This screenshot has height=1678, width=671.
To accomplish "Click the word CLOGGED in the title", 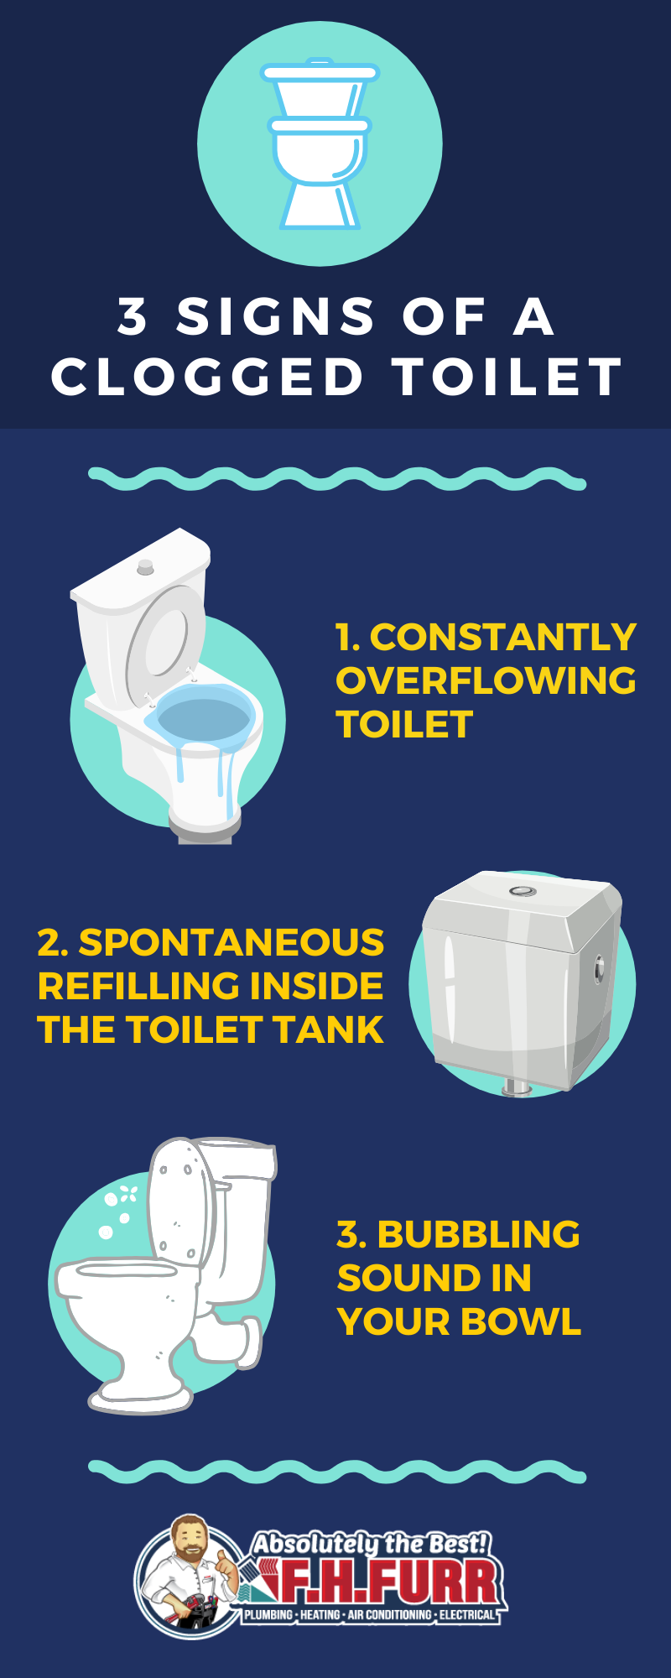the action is point(207,376).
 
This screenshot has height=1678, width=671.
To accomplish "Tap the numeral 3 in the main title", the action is point(133,316).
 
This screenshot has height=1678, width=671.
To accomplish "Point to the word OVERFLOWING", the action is point(486,680).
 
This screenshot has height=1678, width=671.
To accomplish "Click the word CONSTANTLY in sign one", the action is point(502,637).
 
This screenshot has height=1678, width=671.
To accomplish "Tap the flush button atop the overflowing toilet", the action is point(145,566).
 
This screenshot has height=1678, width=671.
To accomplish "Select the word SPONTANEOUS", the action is point(231,942).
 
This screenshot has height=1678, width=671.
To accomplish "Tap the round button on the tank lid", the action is point(523,890).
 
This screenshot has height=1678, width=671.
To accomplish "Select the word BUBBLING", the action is point(479,1234).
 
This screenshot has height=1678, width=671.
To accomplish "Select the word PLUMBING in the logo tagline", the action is point(268,1614).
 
